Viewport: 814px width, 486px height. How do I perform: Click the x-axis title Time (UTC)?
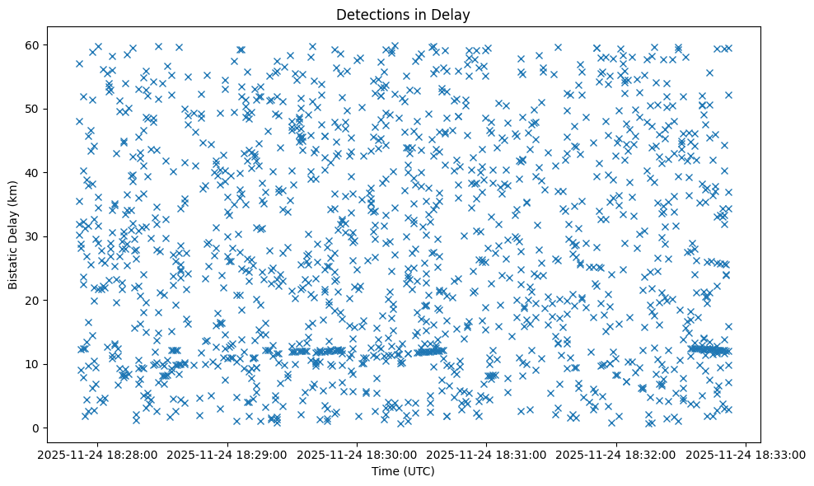tap(404, 471)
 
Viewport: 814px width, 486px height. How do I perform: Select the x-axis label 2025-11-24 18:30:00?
tap(358, 454)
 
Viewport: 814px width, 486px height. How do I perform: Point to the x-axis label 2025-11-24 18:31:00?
tap(487, 454)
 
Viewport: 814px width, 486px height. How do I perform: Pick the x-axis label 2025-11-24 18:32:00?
tap(616, 454)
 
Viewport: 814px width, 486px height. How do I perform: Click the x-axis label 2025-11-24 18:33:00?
tap(746, 454)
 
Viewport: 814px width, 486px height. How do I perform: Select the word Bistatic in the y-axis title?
tap(13, 264)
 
